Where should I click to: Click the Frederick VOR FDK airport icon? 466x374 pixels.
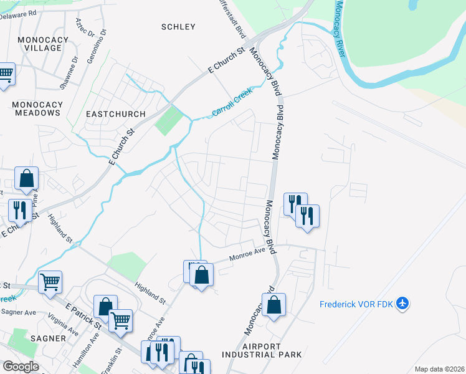(x=403, y=304)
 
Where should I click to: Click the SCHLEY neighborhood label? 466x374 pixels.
(x=178, y=27)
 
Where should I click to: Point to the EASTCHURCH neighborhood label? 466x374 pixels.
(x=115, y=114)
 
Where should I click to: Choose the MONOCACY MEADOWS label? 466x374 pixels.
(x=37, y=108)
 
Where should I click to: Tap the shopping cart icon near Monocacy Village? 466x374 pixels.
(x=5, y=74)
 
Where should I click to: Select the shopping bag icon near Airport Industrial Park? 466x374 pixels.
(x=273, y=305)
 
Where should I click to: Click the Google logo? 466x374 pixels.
(x=21, y=367)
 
